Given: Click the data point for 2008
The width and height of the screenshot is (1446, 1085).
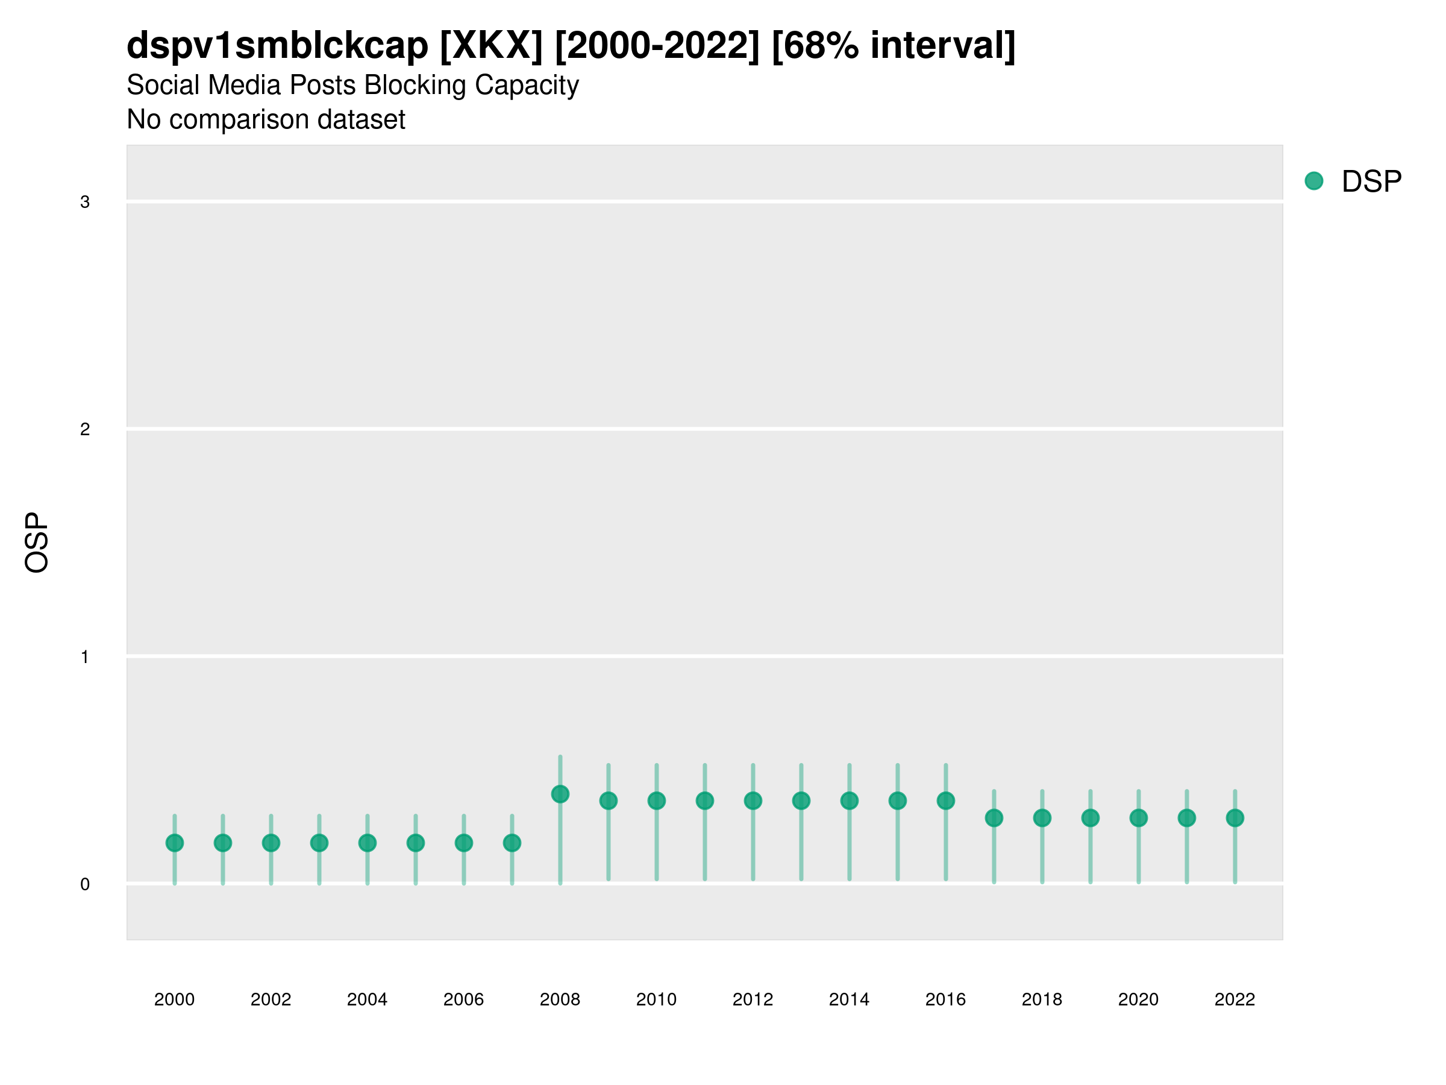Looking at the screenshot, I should click(560, 794).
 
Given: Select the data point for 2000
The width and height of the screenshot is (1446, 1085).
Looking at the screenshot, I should click(175, 843).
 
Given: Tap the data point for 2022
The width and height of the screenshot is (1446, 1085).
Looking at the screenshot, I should click(1235, 817).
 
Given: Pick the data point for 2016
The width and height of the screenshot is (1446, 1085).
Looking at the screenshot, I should click(946, 800).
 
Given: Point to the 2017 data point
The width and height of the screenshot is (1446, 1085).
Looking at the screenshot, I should click(994, 817).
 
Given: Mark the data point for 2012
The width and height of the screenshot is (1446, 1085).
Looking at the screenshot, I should click(753, 800).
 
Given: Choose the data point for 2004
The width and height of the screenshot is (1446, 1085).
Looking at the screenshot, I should click(368, 843).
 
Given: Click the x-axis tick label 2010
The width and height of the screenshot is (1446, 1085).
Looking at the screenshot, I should click(656, 999).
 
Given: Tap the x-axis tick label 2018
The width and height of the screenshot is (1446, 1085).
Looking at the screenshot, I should click(1042, 999).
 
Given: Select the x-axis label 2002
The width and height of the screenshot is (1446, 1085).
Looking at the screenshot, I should click(271, 999).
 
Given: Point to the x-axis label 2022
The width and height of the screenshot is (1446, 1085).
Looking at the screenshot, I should click(1235, 999).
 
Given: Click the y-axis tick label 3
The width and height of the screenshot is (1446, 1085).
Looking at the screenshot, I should click(85, 202).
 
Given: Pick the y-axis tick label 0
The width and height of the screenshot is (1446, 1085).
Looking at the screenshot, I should click(85, 884).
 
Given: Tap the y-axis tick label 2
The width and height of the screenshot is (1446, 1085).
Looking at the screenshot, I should click(85, 430).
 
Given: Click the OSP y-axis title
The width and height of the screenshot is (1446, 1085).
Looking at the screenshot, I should click(37, 543).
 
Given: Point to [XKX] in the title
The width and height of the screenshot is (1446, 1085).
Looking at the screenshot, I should click(491, 46).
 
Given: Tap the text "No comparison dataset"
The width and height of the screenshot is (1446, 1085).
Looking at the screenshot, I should click(266, 120).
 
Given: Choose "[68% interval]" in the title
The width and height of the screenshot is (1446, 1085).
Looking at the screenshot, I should click(894, 46).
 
